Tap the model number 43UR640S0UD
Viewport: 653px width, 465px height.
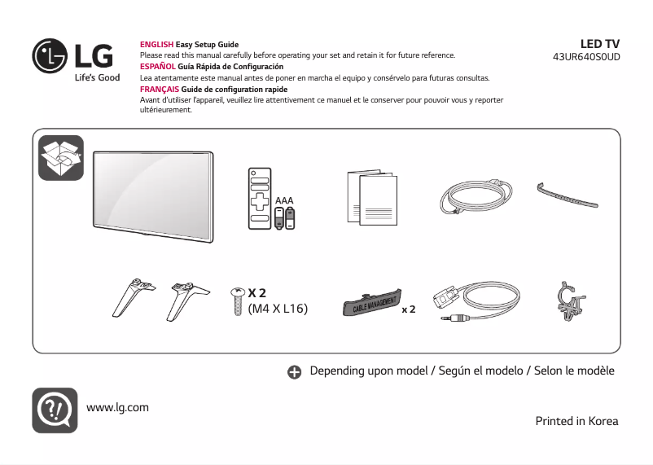(585, 58)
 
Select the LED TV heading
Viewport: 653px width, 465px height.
(599, 43)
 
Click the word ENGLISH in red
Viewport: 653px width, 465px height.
(157, 45)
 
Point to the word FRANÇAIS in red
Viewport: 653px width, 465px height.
(160, 89)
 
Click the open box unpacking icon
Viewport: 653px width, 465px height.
(61, 157)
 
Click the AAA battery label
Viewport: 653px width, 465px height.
(284, 200)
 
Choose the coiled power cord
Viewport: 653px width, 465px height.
(477, 198)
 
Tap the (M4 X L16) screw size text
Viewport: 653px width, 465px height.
(278, 309)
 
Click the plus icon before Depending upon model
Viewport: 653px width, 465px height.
(295, 371)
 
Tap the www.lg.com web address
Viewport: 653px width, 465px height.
(117, 407)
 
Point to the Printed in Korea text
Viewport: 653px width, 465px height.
(576, 421)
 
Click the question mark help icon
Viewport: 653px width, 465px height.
(55, 410)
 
